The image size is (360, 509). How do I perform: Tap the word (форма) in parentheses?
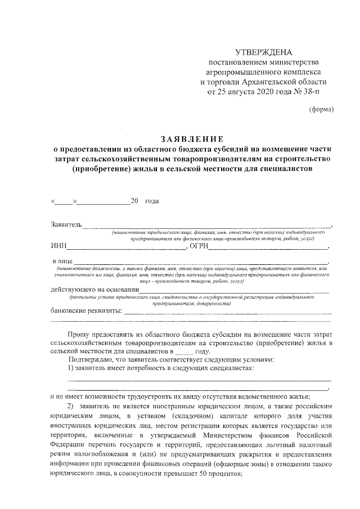point(322,110)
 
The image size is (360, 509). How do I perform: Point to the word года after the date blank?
point(152,201)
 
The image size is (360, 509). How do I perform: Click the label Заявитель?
point(66,226)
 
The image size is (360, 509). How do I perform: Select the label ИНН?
point(58,246)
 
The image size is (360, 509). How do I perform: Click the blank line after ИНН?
point(126,247)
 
